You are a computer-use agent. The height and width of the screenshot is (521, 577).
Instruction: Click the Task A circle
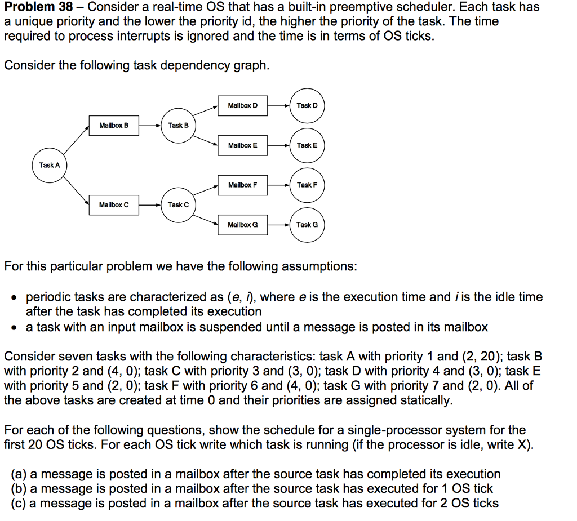(x=50, y=165)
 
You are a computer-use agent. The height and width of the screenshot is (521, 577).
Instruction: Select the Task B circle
(x=178, y=125)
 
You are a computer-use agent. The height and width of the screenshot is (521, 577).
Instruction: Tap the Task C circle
(x=178, y=204)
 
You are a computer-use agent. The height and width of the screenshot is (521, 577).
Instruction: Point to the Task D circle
(x=307, y=105)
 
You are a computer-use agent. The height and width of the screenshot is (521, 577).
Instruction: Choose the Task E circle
(x=307, y=145)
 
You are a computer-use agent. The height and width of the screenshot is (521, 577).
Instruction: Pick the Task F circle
(x=307, y=185)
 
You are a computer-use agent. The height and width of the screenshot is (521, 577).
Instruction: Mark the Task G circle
(x=307, y=224)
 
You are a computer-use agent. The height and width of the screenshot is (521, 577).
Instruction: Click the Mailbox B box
(x=114, y=125)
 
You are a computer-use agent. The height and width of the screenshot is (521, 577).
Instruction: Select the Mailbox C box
(x=114, y=204)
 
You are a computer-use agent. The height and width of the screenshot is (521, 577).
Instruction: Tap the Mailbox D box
(x=243, y=105)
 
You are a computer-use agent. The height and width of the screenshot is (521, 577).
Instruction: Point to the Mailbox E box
(x=243, y=145)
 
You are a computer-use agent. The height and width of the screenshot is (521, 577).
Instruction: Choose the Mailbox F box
(x=243, y=185)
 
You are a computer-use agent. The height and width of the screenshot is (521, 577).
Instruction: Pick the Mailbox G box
(x=243, y=225)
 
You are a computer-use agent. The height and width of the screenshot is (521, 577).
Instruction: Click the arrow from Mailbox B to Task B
(x=149, y=125)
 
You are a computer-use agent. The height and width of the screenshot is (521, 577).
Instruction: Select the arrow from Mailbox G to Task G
(x=279, y=225)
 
